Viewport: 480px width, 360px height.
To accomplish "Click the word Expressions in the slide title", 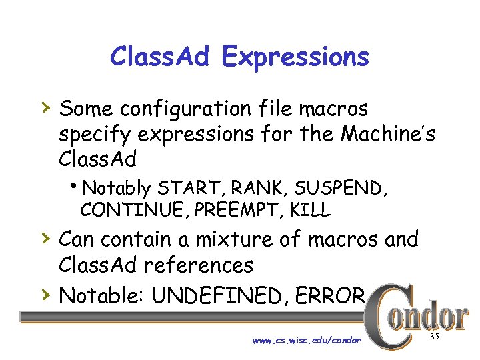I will [x=295, y=58].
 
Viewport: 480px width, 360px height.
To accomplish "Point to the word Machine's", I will [x=388, y=134].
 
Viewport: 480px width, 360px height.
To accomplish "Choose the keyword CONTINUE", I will [x=134, y=211].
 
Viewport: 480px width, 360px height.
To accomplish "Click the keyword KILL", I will [x=309, y=211].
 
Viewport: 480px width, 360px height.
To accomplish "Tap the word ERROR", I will [x=328, y=295].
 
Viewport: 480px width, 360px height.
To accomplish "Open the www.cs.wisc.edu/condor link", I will [x=307, y=341].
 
